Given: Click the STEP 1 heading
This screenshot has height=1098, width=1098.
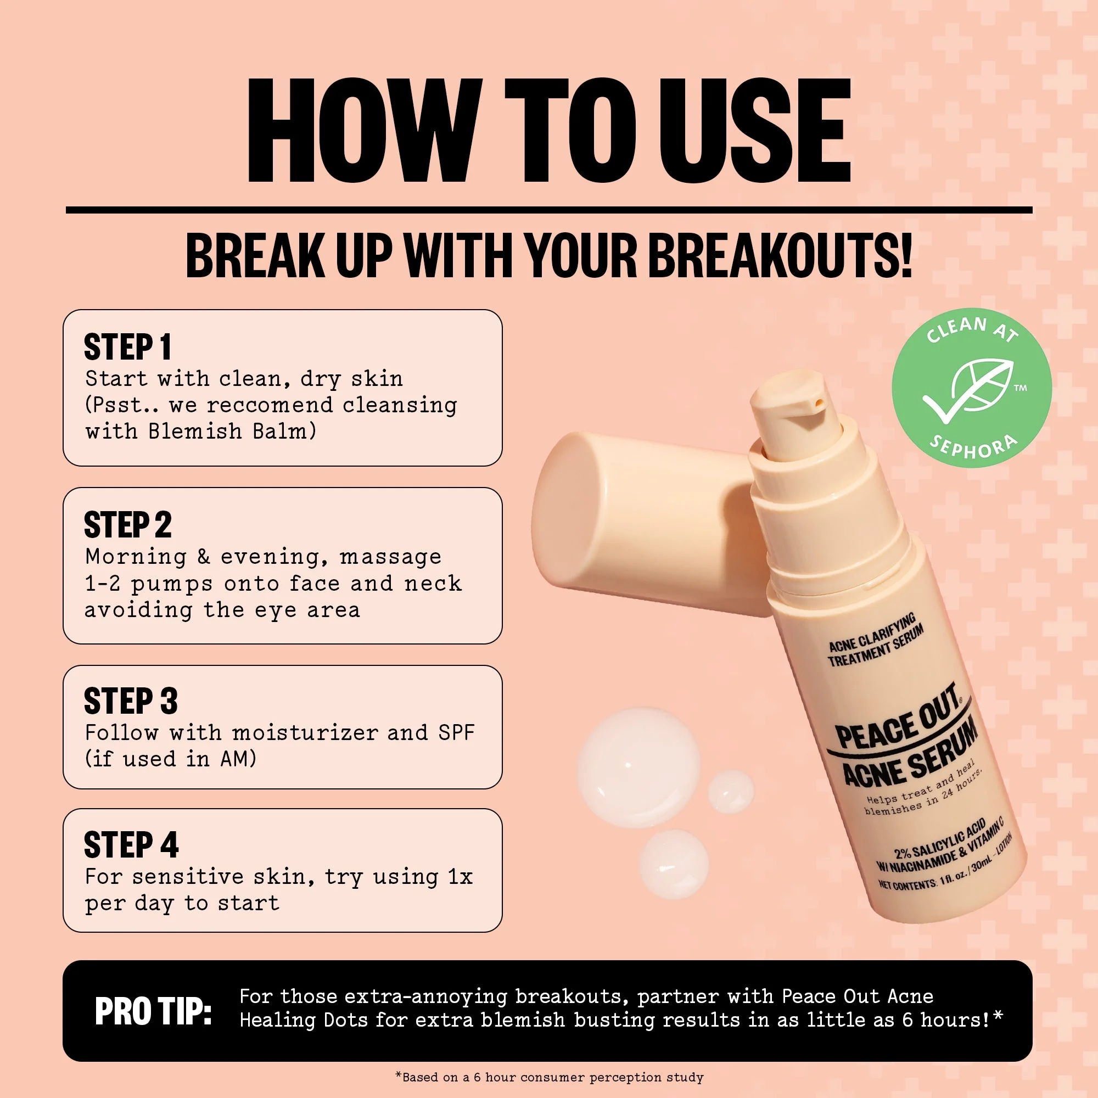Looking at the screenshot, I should [x=127, y=348].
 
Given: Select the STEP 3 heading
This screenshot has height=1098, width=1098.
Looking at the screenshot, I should [x=131, y=701].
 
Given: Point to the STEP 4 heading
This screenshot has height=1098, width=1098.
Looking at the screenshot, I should [x=131, y=845].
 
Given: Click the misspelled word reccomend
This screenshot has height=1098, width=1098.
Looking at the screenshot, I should [x=270, y=405].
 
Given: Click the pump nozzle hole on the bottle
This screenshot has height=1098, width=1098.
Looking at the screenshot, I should [x=819, y=403].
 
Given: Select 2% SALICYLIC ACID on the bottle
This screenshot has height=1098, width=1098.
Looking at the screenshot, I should [x=940, y=841].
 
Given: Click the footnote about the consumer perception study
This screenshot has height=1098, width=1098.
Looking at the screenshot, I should [x=549, y=1078].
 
